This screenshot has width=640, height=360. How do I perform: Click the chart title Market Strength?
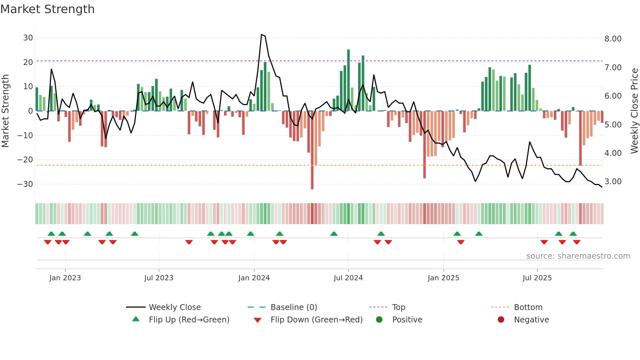pyautogui.click(x=47, y=9)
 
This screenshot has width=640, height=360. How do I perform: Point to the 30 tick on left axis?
pyautogui.click(x=28, y=38)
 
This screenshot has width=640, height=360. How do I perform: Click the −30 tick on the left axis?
pyautogui.click(x=25, y=184)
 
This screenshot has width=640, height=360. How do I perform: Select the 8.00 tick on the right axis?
pyautogui.click(x=613, y=39)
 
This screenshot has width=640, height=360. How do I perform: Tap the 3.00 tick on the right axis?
pyautogui.click(x=613, y=182)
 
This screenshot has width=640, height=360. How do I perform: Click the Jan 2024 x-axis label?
pyautogui.click(x=254, y=278)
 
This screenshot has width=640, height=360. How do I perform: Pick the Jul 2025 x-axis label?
pyautogui.click(x=537, y=278)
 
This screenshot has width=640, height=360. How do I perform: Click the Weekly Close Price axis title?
pyautogui.click(x=634, y=111)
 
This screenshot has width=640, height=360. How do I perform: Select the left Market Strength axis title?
pyautogui.click(x=5, y=111)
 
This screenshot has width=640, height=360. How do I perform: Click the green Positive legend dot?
pyautogui.click(x=379, y=319)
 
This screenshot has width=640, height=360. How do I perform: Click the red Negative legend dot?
pyautogui.click(x=501, y=319)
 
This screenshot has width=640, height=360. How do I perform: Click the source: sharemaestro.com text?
pyautogui.click(x=578, y=256)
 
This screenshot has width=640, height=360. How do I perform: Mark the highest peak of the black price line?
pyautogui.click(x=262, y=34)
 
